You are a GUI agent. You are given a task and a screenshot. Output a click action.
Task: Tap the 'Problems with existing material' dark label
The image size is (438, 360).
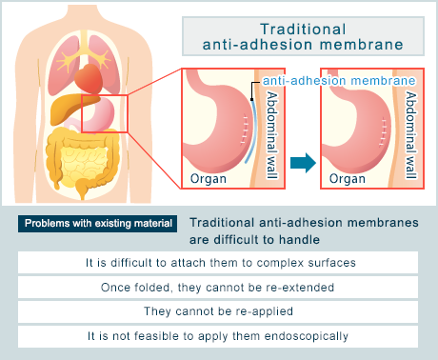97,225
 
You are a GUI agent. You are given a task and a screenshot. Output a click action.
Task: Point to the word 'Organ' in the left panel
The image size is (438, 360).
209,178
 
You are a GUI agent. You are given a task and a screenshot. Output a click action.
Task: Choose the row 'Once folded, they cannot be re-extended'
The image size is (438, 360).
218,287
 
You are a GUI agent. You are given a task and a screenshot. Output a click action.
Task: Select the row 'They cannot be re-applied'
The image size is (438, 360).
218,311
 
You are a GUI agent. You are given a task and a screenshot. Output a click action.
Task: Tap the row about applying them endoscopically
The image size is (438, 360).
218,336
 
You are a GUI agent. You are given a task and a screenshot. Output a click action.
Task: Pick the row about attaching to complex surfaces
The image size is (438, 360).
218,262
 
